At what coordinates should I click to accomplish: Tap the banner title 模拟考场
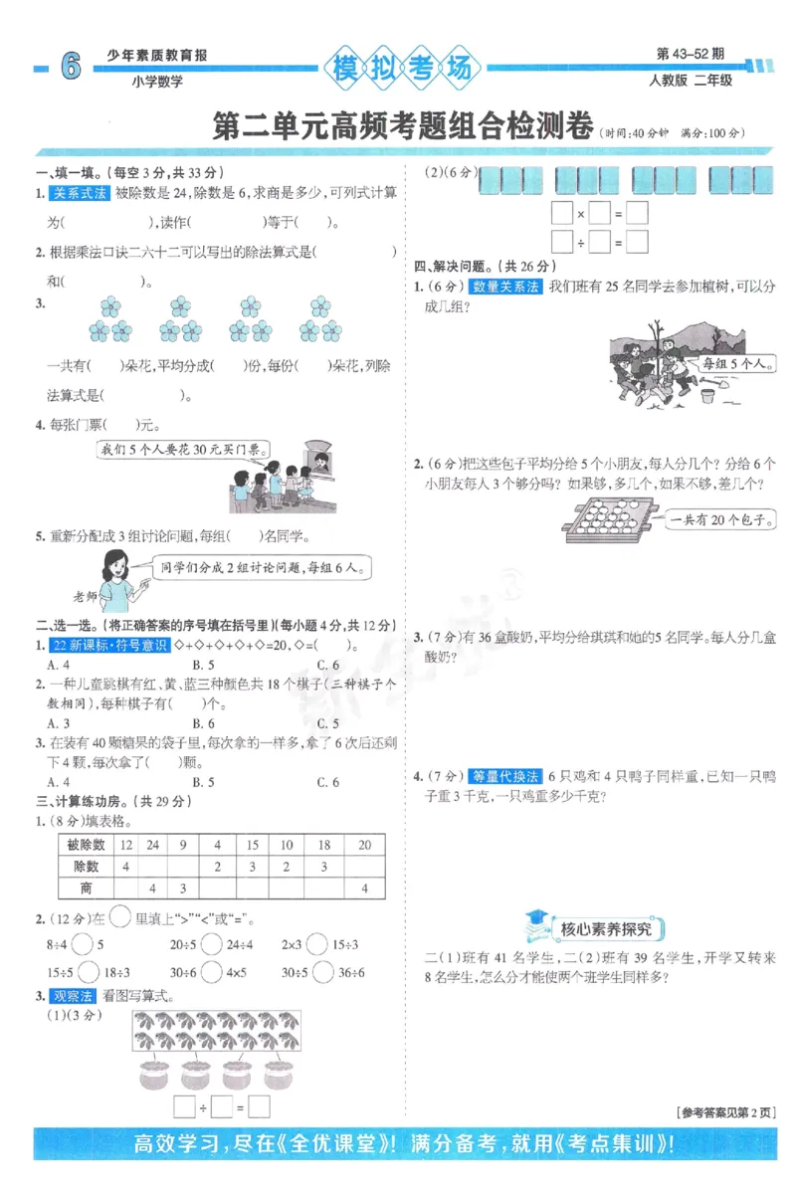[401, 70]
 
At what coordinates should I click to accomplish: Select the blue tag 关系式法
[80, 193]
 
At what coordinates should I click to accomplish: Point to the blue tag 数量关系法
[506, 287]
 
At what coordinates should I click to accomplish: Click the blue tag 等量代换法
[505, 775]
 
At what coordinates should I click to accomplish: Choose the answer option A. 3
[59, 723]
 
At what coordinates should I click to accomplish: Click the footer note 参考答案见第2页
[723, 1111]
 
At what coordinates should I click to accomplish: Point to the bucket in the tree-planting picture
[707, 396]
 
